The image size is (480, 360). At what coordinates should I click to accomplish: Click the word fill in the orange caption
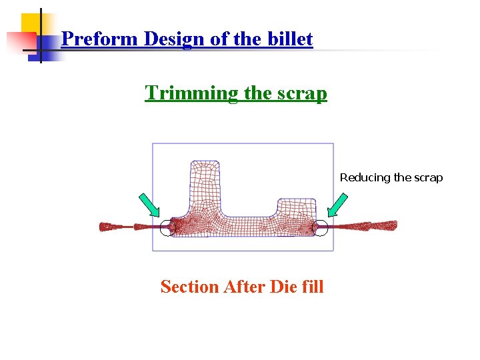pos(311,287)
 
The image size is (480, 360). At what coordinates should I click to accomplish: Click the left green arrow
pos(149,205)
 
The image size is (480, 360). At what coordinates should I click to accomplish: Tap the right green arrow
pos(338,205)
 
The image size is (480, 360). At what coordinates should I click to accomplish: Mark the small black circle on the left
pos(168,228)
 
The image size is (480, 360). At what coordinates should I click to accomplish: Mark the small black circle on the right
pos(321,228)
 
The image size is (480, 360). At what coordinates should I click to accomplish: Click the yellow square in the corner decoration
pos(31,23)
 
